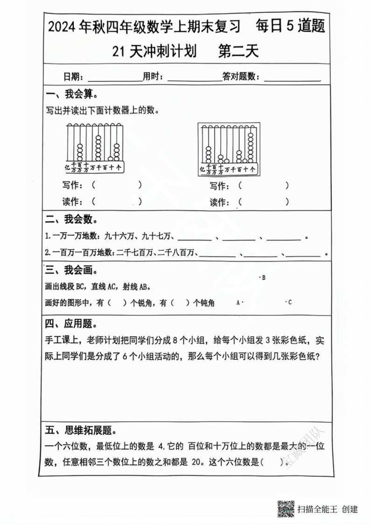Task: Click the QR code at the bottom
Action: [286, 509]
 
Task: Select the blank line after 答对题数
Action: [292, 77]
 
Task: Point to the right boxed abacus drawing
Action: [228, 149]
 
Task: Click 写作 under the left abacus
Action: [72, 185]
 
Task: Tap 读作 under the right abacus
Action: [219, 202]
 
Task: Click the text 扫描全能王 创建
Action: [328, 509]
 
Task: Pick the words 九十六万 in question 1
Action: [119, 237]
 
